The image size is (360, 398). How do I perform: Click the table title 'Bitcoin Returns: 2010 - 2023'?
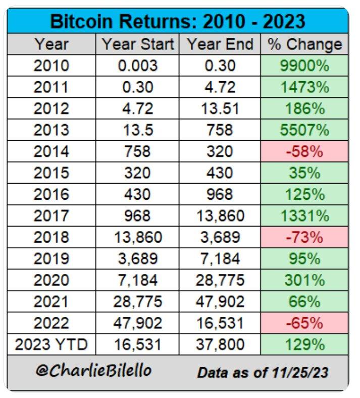pos(178,21)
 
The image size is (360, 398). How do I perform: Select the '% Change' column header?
pos(304,44)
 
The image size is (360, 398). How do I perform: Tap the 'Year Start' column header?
pos(138,44)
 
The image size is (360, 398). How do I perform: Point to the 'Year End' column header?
pos(220,44)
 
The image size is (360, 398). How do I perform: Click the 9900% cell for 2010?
pos(304,66)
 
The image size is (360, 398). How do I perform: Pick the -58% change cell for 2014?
pos(304,151)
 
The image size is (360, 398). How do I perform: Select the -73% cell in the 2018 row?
pos(304,238)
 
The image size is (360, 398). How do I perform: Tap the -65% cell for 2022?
pos(304,323)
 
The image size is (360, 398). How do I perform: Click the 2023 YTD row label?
pos(52,345)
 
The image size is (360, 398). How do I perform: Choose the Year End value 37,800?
pos(220,345)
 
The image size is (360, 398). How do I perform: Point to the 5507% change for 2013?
pos(304,130)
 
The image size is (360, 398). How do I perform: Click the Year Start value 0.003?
pos(138,66)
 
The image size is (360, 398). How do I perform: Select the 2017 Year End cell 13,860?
pos(220,216)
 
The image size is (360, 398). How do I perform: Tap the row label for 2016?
pos(52,195)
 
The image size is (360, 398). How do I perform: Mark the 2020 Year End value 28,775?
pos(220,280)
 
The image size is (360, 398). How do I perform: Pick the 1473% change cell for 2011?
pos(304,87)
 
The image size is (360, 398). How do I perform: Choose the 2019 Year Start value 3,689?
pos(138,259)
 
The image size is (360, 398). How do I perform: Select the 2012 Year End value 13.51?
pos(220,108)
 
